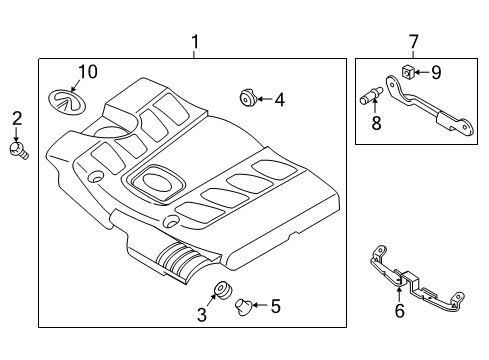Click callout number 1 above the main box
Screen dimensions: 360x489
(x=195, y=43)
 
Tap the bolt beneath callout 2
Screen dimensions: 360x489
(x=18, y=150)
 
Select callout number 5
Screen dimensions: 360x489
(x=276, y=307)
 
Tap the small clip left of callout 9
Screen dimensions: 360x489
(x=410, y=71)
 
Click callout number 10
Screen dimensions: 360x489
(x=88, y=72)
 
